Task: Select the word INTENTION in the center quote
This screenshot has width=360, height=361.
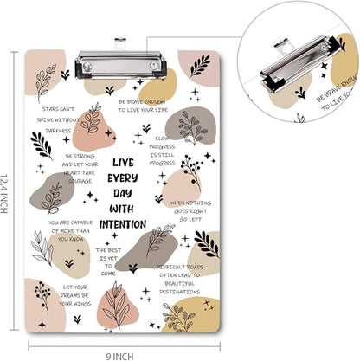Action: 122,223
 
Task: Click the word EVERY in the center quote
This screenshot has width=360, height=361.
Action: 122,177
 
